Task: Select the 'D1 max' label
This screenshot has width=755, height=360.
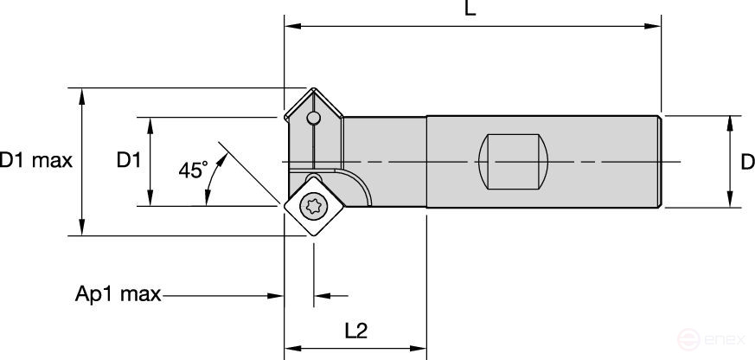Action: (x=35, y=161)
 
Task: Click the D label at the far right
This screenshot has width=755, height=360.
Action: (x=747, y=161)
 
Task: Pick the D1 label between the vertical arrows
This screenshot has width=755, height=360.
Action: (x=129, y=161)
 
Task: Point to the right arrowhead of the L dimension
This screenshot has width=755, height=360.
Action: (x=655, y=27)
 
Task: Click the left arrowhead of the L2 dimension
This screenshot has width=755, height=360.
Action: (x=291, y=349)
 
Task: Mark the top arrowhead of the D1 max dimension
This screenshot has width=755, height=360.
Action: (x=82, y=93)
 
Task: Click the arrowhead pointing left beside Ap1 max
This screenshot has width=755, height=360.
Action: (x=321, y=297)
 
